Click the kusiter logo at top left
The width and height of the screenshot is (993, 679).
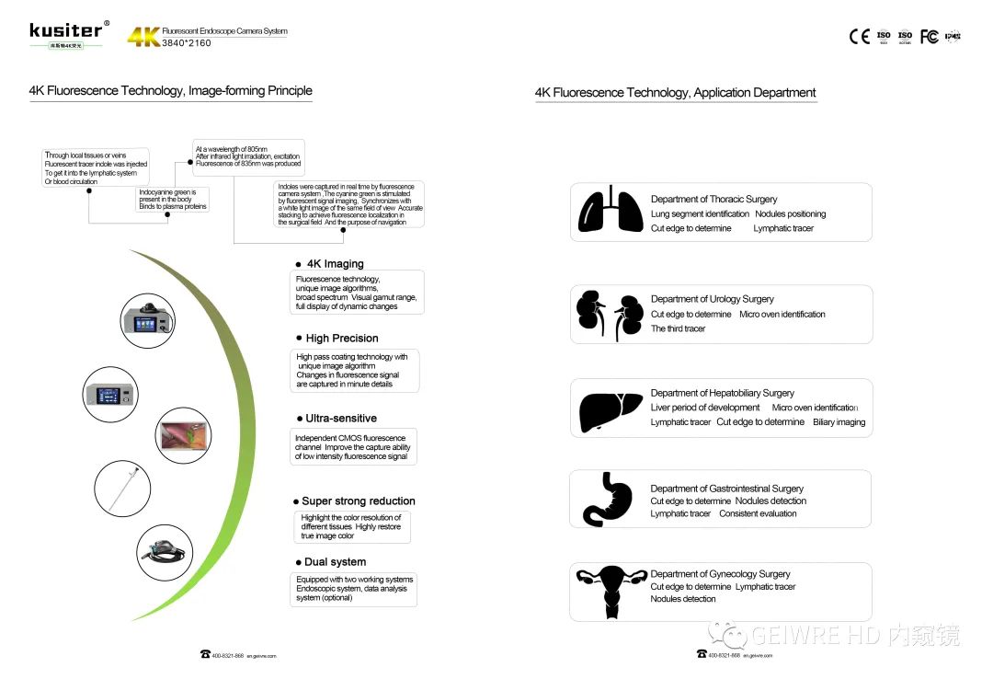[66, 31]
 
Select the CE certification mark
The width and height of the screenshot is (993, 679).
[859, 37]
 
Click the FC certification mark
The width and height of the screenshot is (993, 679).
[930, 37]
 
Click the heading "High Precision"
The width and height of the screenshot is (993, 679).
[342, 339]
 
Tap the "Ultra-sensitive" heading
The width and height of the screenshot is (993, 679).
[341, 419]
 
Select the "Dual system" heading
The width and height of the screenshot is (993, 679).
[335, 562]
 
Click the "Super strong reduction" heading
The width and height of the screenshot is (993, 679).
[359, 501]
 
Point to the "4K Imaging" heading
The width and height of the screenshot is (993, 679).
[335, 264]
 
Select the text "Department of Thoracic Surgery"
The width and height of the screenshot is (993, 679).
[713, 199]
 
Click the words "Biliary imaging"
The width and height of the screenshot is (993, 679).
[839, 422]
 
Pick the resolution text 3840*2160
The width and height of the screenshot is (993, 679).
[187, 43]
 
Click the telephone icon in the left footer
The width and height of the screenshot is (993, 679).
[205, 654]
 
